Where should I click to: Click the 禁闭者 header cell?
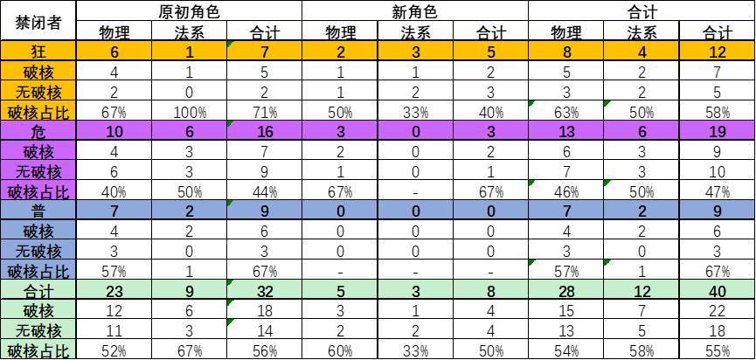[38, 22]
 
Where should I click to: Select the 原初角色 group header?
[189, 11]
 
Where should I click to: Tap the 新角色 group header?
[415, 11]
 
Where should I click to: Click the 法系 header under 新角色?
[416, 33]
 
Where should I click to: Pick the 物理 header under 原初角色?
[114, 33]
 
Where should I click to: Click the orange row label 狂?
[38, 51]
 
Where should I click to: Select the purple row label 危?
[38, 131]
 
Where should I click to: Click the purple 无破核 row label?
[38, 171]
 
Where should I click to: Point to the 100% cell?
[190, 113]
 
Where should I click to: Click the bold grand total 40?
[717, 292]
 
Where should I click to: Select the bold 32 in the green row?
[265, 292]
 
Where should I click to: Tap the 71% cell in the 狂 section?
[265, 113]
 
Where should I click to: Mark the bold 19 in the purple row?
[717, 132]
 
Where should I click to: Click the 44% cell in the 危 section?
[265, 192]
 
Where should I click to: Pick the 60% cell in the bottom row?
[340, 352]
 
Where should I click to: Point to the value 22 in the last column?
[717, 312]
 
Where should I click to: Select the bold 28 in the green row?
[566, 292]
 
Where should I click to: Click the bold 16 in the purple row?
[265, 132]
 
